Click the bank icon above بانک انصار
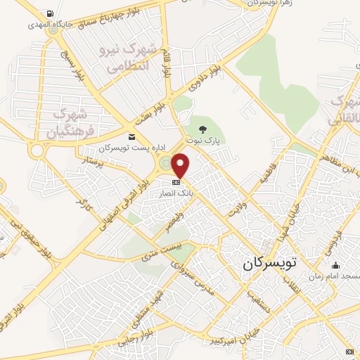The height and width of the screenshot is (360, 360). [x=175, y=182]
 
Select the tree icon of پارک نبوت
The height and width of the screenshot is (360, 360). [x=202, y=129]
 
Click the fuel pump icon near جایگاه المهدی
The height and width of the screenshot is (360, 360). [x=48, y=14]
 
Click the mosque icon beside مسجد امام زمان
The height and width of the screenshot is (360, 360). [x=335, y=265]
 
